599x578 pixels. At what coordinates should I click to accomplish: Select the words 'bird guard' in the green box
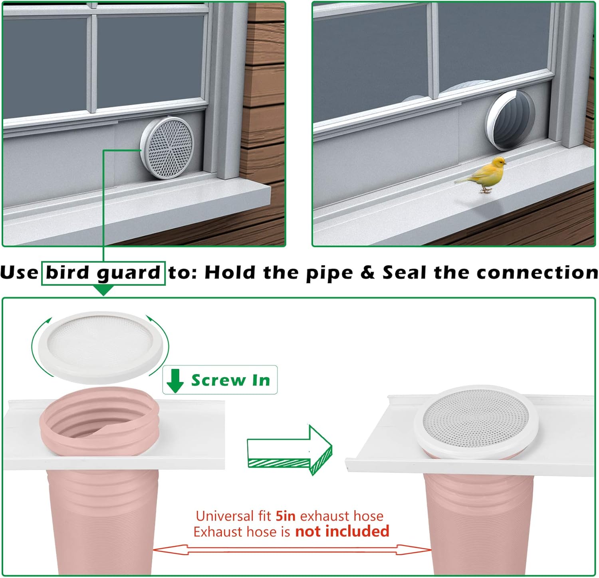[x=103, y=273]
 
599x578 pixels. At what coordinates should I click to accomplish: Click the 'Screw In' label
[x=231, y=380]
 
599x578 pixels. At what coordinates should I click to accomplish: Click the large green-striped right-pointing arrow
[x=290, y=450]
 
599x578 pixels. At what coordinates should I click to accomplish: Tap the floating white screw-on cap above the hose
[x=100, y=344]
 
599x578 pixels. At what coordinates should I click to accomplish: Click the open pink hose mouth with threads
[x=100, y=419]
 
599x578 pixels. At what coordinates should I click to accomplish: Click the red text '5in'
[x=286, y=516]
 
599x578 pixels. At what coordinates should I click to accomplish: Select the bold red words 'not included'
[x=342, y=531]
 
